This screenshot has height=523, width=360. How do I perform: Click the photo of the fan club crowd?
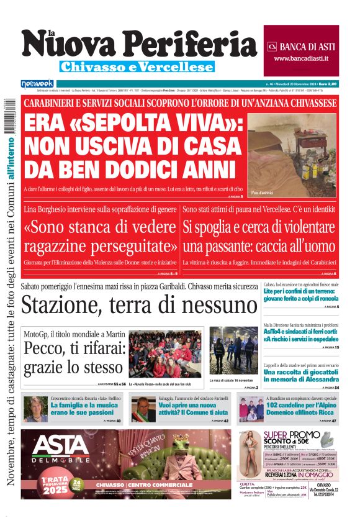[165, 353]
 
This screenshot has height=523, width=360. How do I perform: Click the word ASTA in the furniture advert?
[61, 445]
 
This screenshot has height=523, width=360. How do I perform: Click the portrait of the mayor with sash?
[143, 410]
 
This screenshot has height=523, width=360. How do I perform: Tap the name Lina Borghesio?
[50, 210]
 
